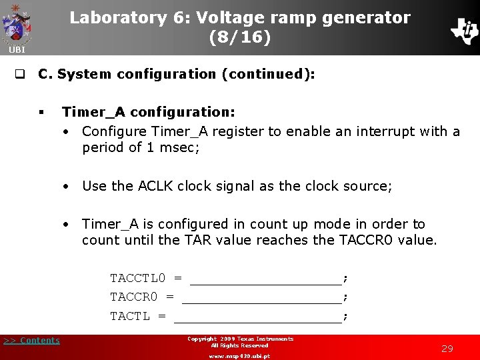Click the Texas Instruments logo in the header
pyautogui.click(x=464, y=30)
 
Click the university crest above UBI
pyautogui.click(x=17, y=23)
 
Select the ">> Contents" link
pyautogui.click(x=31, y=341)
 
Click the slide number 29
pyautogui.click(x=447, y=349)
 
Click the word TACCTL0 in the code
pyautogui.click(x=137, y=278)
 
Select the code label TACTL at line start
pyautogui.click(x=130, y=316)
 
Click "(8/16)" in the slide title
pyautogui.click(x=240, y=37)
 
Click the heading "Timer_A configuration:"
pyautogui.click(x=148, y=113)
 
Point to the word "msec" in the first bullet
pyautogui.click(x=179, y=147)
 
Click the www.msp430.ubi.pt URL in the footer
pyautogui.click(x=239, y=356)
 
